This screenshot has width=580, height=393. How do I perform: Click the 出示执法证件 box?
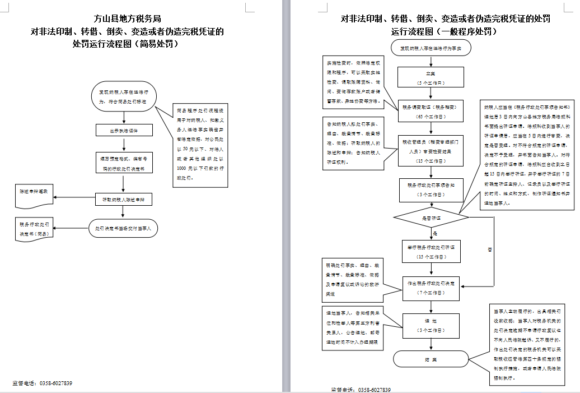coord(123,130)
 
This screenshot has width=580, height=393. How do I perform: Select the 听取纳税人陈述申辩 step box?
coord(123,200)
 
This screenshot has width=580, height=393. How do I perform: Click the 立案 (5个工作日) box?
coord(431,77)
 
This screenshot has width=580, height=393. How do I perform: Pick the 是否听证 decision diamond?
coord(431,217)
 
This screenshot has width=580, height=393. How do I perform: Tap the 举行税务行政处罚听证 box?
coord(431,251)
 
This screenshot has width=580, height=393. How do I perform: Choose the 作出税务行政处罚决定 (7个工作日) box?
coord(431,287)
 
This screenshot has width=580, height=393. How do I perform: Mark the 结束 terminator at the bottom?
coord(431,359)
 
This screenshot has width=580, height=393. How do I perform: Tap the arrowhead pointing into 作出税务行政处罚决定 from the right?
coord(462,286)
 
